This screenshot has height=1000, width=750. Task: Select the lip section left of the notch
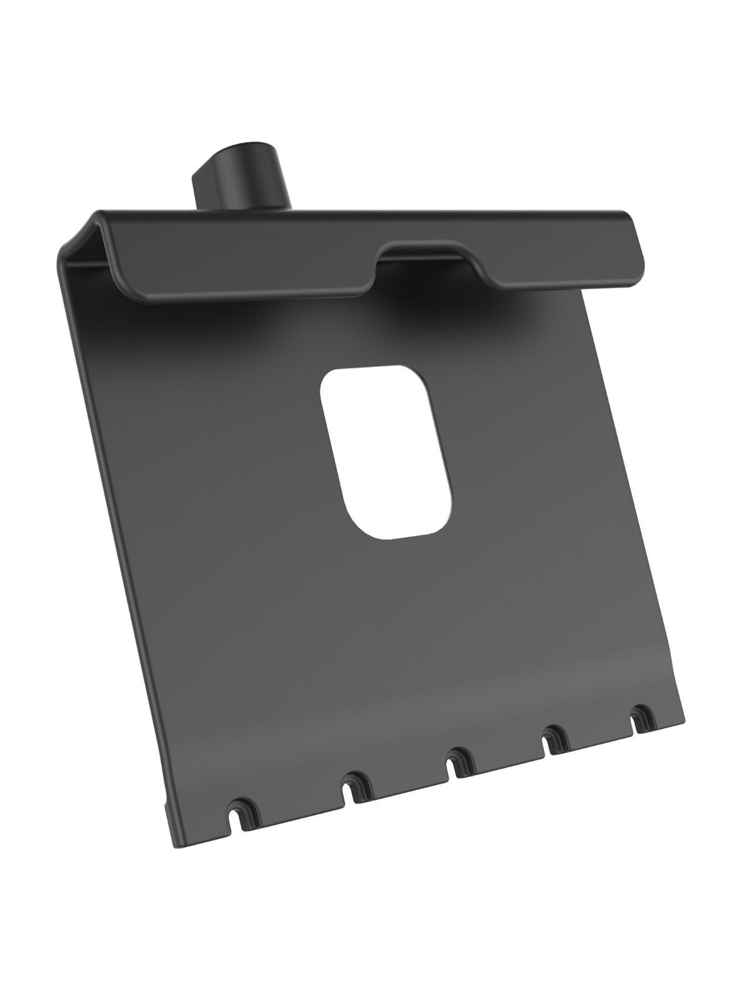(250, 269)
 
